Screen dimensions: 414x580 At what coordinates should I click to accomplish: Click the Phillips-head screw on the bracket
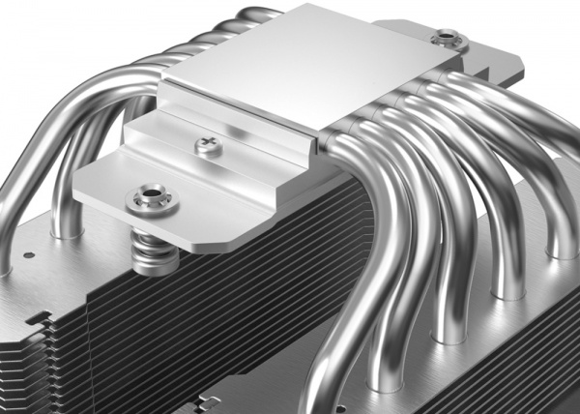click(207, 145)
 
